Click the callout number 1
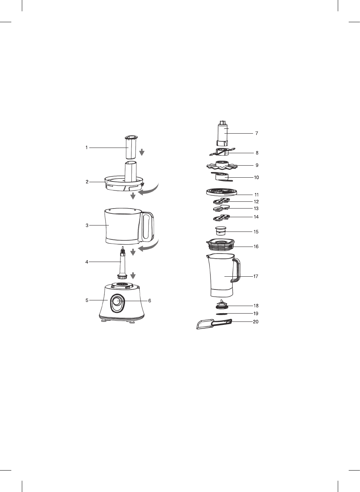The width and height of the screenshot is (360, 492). coord(87,148)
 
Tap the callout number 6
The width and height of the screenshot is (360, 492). coord(149,301)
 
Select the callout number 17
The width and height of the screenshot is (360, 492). coord(256,276)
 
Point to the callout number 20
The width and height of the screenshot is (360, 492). coord(256,322)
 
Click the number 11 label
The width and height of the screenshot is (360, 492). coord(256,195)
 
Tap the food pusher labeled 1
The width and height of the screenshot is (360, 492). coord(131,147)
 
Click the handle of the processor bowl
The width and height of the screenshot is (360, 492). coord(147,227)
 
